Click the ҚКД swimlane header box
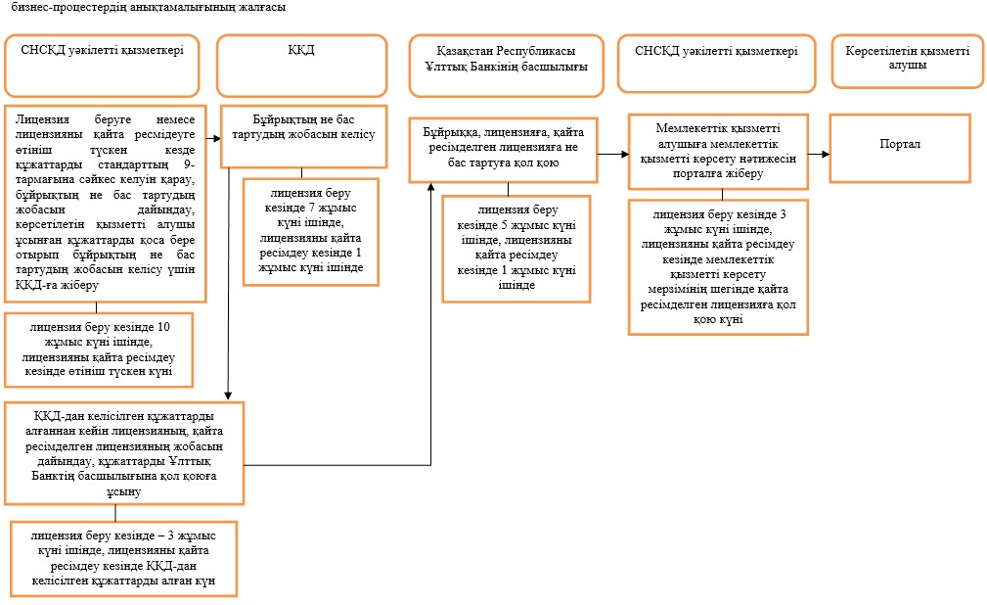click(x=301, y=66)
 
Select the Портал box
click(x=900, y=149)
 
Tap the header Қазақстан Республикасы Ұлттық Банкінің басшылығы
click(x=506, y=66)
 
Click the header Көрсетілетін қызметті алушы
click(x=907, y=61)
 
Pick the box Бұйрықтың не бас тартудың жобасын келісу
click(x=303, y=137)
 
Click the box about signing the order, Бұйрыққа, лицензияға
click(x=503, y=150)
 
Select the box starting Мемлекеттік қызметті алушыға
click(x=718, y=151)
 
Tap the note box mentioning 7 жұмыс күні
click(x=311, y=233)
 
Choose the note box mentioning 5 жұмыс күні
click(x=516, y=249)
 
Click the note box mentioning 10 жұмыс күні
click(x=99, y=349)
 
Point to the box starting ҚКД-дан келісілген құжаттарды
click(x=124, y=454)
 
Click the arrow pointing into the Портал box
click(x=819, y=154)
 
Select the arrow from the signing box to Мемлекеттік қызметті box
click(x=613, y=154)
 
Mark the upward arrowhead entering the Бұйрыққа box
click(x=431, y=187)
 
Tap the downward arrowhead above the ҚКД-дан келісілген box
click(x=228, y=396)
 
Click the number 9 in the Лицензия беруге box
click(x=188, y=164)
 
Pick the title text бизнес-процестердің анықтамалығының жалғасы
click(x=149, y=8)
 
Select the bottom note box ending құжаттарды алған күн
click(x=123, y=558)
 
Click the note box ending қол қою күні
click(x=718, y=267)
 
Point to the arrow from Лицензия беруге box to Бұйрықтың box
click(x=213, y=138)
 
